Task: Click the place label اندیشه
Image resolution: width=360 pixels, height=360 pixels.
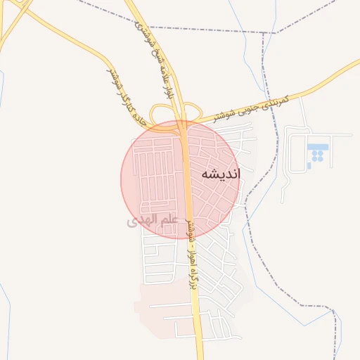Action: pyautogui.click(x=220, y=174)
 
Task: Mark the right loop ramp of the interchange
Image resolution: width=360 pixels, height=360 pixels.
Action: pyautogui.click(x=190, y=111)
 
